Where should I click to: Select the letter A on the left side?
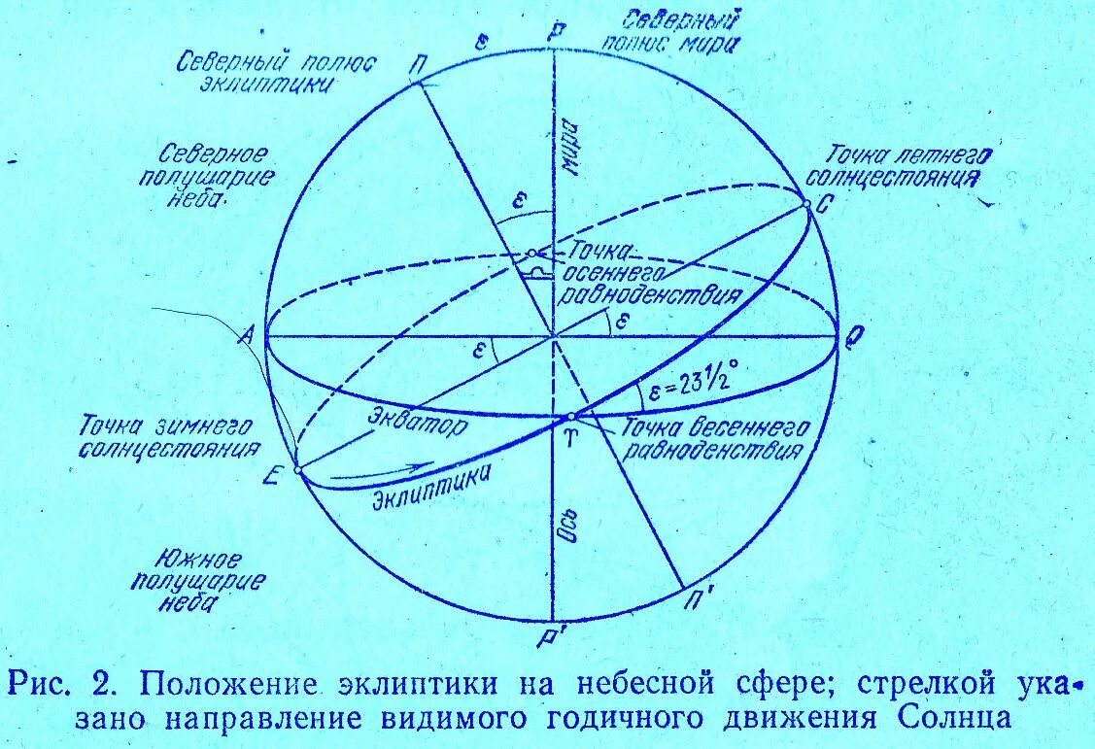[x=246, y=336]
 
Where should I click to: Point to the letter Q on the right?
[x=854, y=337]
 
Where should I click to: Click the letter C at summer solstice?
[x=822, y=205]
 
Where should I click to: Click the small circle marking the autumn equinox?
[x=531, y=254]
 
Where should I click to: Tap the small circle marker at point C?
[x=805, y=203]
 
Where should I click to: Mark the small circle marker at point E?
[x=297, y=469]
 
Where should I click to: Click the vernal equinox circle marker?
[x=571, y=417]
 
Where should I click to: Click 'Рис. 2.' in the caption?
[x=69, y=684]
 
